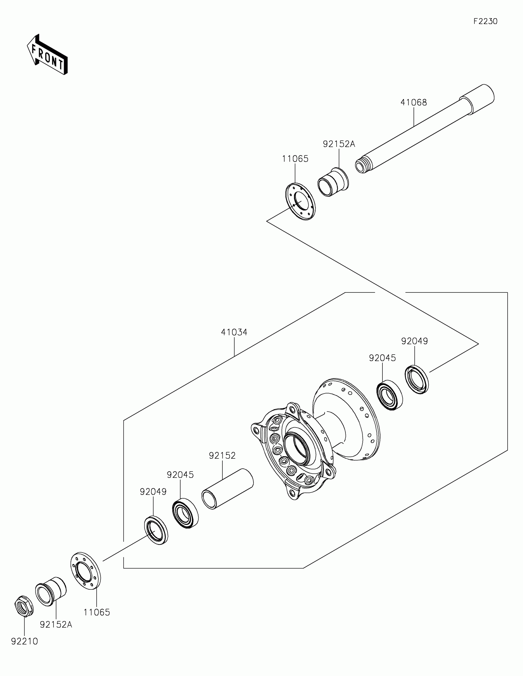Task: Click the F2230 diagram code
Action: pyautogui.click(x=485, y=21)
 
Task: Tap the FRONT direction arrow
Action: pyautogui.click(x=47, y=55)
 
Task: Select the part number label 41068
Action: pyautogui.click(x=413, y=103)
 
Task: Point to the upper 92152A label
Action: pyautogui.click(x=339, y=144)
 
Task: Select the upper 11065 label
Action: pyautogui.click(x=295, y=159)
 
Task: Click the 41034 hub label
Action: pyautogui.click(x=234, y=332)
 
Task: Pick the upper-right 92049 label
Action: pyautogui.click(x=414, y=341)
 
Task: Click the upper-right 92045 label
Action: pyautogui.click(x=382, y=358)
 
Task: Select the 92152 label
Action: pyautogui.click(x=222, y=456)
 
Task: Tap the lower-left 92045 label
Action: pyautogui.click(x=180, y=475)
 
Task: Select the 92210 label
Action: pyautogui.click(x=24, y=642)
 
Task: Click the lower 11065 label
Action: pyautogui.click(x=97, y=612)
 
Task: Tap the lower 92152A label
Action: pyautogui.click(x=56, y=625)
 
